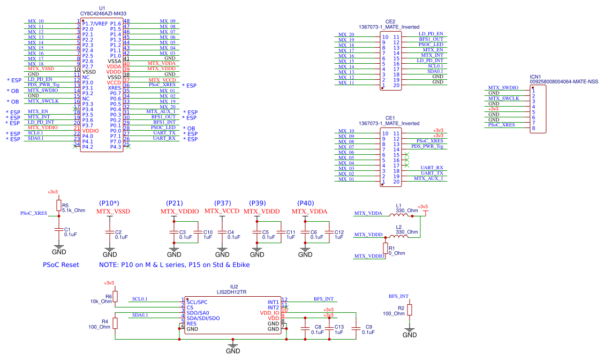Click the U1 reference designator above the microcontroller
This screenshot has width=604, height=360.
click(x=103, y=7)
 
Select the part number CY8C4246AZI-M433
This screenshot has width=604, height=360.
click(x=103, y=13)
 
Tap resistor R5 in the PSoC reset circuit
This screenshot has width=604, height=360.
click(x=58, y=205)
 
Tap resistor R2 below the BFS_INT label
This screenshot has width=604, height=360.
click(x=410, y=310)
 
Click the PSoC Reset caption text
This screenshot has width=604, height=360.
click(x=61, y=265)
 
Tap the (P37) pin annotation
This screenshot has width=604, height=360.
click(x=222, y=203)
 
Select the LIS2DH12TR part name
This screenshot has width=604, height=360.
click(x=231, y=292)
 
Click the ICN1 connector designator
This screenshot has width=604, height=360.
click(x=536, y=77)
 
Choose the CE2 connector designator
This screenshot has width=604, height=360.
click(x=390, y=21)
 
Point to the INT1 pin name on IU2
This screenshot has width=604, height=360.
click(x=273, y=302)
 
